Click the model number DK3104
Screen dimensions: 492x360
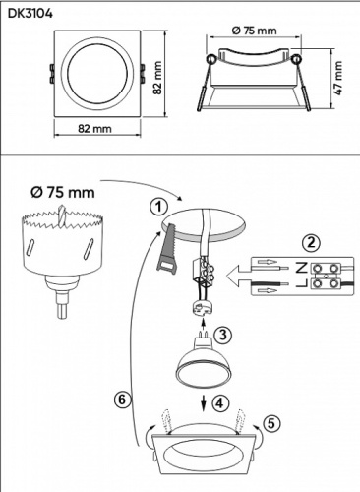(29, 14)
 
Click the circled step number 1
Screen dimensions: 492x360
(153, 207)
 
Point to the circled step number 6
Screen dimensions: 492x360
(120, 399)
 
